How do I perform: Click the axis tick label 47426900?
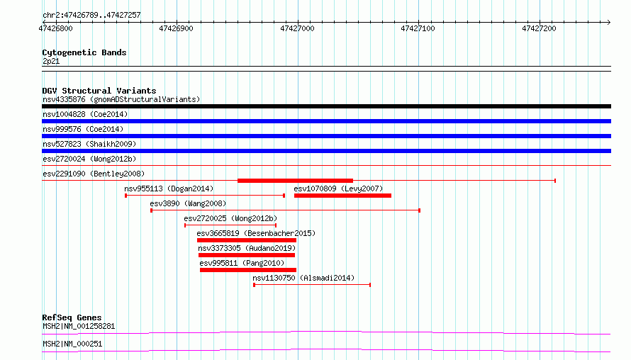pos(177,28)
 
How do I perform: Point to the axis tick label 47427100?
pos(418,28)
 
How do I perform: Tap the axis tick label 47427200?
pos(539,28)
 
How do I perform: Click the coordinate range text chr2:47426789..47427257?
pos(91,16)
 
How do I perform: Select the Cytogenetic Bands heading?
pos(84,52)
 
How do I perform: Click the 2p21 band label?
pos(51,61)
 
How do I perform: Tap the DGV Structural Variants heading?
pos(99,91)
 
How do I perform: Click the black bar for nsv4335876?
pos(326,106)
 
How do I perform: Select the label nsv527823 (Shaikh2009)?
pos(89,144)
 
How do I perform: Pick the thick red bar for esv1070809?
pos(342,196)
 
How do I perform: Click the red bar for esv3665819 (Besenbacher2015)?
pos(247,240)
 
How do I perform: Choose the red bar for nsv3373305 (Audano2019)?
pos(247,255)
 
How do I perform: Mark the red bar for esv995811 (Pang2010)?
pos(248,270)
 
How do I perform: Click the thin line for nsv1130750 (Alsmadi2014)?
pos(312,285)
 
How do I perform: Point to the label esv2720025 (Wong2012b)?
pos(230,218)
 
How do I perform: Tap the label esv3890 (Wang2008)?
pos(188,203)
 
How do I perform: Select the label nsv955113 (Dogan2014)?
pos(169,189)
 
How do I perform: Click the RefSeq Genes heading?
pos(72,317)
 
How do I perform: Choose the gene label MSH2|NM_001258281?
pos(79,326)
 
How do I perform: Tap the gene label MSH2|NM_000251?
pos(72,344)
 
